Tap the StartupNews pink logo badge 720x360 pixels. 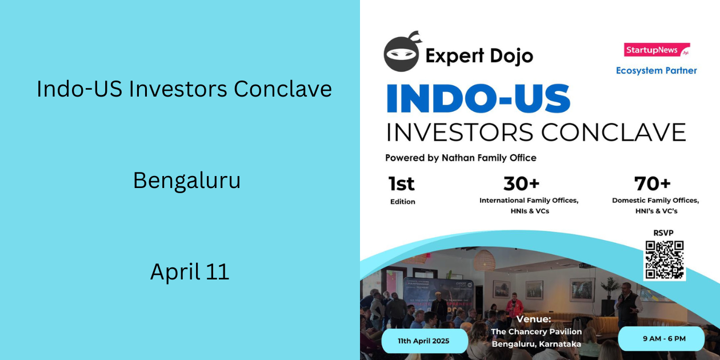tap(656, 50)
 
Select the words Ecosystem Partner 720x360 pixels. tap(656, 71)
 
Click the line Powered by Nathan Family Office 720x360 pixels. tap(461, 158)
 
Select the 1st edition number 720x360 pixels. tap(401, 184)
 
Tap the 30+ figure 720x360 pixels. tap(521, 184)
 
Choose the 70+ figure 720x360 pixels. tap(653, 184)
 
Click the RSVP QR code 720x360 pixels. tap(664, 260)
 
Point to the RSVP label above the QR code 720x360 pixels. tap(663, 233)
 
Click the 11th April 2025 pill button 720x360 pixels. tap(424, 341)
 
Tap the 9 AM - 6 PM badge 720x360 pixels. tap(661, 338)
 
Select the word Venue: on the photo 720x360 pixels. tap(534, 319)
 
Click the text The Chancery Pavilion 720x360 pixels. tap(536, 331)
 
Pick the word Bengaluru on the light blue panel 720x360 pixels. tap(187, 181)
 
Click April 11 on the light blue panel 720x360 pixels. tap(189, 271)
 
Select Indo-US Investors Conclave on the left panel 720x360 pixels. tap(184, 89)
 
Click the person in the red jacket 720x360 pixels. tap(515, 306)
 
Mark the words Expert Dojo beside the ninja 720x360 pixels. tap(479, 55)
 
